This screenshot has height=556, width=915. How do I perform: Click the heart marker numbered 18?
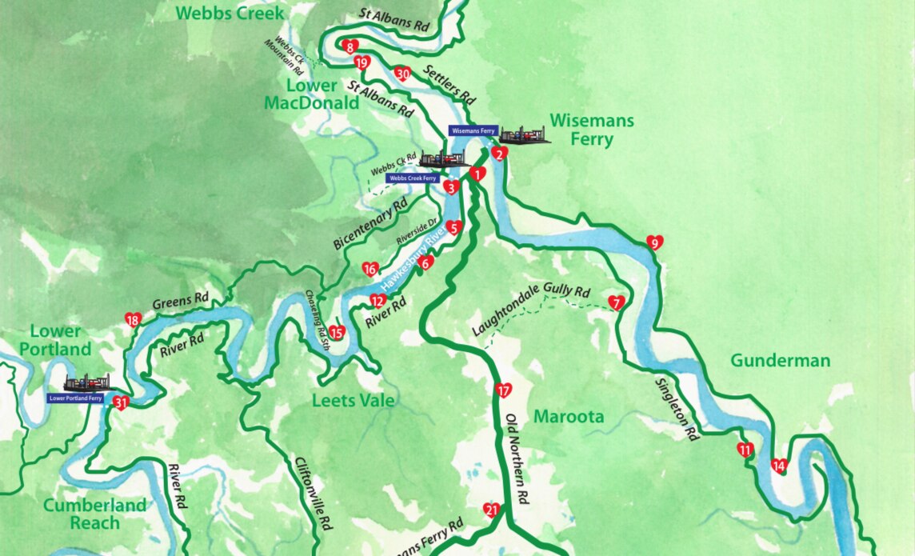click(132, 320)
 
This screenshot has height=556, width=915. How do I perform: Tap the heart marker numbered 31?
click(121, 402)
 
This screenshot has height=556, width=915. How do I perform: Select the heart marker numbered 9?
click(654, 242)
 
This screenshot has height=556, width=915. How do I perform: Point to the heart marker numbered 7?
click(615, 302)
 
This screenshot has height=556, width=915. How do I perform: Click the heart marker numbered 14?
click(778, 466)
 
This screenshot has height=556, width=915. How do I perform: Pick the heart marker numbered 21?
click(491, 510)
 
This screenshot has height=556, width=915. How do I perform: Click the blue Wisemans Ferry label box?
click(473, 130)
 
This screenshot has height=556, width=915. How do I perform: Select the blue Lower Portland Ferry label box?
click(75, 398)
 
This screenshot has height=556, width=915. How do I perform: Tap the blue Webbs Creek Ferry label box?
click(413, 178)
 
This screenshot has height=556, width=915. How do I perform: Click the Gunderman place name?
click(780, 361)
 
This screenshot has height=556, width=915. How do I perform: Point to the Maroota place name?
click(568, 417)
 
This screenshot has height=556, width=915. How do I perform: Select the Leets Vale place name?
click(354, 400)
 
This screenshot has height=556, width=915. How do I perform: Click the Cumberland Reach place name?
click(94, 514)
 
